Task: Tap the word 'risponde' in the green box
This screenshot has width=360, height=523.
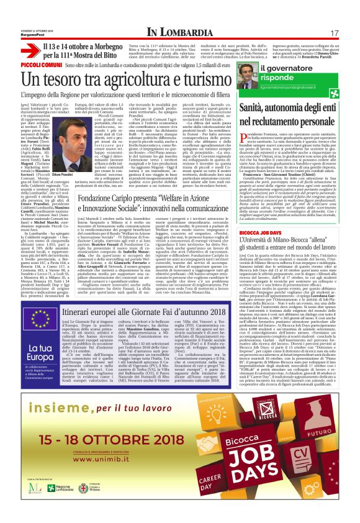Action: point(285,79)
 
